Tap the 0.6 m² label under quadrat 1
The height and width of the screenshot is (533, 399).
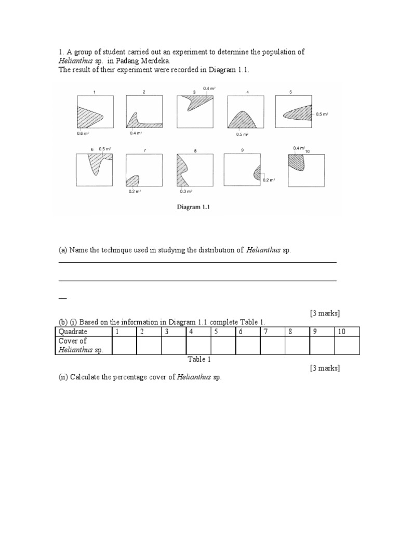point(83,133)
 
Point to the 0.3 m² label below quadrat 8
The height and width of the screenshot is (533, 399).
point(186,191)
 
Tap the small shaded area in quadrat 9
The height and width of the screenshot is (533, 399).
point(257,173)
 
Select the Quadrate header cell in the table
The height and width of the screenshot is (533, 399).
point(73,332)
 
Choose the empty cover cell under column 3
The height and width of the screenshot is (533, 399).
point(174,345)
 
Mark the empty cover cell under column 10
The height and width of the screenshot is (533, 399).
point(347,345)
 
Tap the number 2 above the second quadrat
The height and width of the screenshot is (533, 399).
point(144,92)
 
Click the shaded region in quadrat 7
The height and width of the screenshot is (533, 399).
point(133,180)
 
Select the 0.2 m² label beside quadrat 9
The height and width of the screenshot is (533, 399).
point(269,180)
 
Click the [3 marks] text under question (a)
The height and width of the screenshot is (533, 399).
point(325,313)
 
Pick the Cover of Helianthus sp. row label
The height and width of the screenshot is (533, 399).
point(81,345)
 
